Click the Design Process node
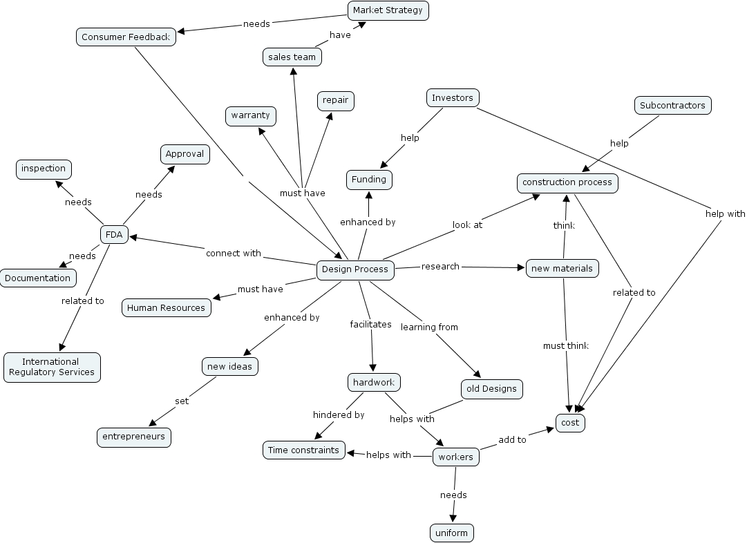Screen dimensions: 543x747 coord(356,269)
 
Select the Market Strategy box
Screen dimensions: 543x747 coord(388,10)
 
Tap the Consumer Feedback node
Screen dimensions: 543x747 coord(126,37)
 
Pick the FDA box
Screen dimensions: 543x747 coord(114,235)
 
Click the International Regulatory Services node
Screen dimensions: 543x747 coord(52,367)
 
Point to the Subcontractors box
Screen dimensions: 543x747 coord(672,106)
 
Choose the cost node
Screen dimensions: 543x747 coord(570,423)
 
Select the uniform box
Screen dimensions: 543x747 coord(452,533)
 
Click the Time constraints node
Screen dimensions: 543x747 coord(303,450)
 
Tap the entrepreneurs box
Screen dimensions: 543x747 coord(134,437)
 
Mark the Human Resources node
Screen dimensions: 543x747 coord(167,308)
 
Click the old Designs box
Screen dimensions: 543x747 coord(491,389)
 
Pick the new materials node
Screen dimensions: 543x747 coord(562,268)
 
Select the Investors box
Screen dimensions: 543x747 coord(453,98)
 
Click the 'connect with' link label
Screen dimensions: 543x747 coord(234,254)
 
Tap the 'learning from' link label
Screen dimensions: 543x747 coord(429,327)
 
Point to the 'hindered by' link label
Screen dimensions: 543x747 coord(339,415)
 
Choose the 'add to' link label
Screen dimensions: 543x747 coord(512,439)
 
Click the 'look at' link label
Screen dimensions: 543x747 coord(467,225)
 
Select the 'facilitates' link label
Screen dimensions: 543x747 coord(370,324)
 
